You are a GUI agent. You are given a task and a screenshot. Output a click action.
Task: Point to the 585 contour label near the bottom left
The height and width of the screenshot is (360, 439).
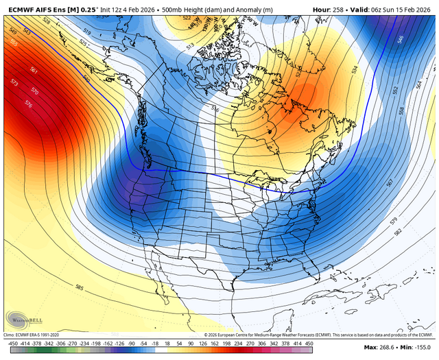[x=80, y=288]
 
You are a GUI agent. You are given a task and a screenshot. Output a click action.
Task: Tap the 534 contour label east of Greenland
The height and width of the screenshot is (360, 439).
[x=355, y=70]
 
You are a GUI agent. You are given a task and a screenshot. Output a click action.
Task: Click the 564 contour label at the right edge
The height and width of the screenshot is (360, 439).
[x=420, y=84]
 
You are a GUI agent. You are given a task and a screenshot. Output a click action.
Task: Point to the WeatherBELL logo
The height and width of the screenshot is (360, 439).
[x=23, y=318]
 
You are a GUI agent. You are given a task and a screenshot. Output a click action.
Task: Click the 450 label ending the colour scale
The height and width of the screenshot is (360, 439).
[x=309, y=343]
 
